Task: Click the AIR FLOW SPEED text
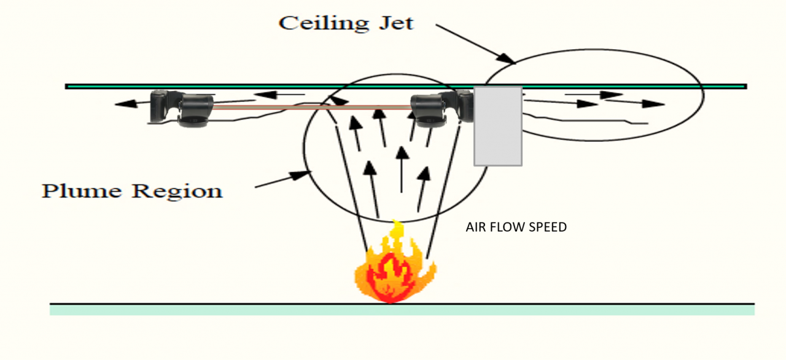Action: coord(516,227)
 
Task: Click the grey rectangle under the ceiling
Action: coord(497,126)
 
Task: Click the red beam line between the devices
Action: coord(313,107)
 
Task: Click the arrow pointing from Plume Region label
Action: coord(282,179)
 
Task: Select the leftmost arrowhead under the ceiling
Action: coord(123,104)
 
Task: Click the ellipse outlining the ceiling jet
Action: coord(704,95)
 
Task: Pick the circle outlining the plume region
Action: coord(305,147)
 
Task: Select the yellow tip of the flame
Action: coord(397,230)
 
